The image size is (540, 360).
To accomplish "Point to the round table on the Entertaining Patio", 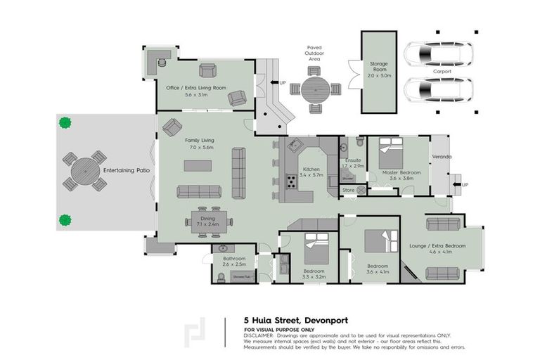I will [82, 171].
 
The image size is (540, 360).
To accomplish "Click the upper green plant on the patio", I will [65, 122].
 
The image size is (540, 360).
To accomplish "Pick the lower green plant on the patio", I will [65, 219].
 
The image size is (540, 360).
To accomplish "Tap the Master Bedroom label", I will [401, 172].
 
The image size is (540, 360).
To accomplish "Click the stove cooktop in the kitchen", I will [290, 181].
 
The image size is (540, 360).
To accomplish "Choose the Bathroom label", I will [234, 259].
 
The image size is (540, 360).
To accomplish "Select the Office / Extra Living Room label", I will [196, 87].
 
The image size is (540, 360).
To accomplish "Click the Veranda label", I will [442, 156].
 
